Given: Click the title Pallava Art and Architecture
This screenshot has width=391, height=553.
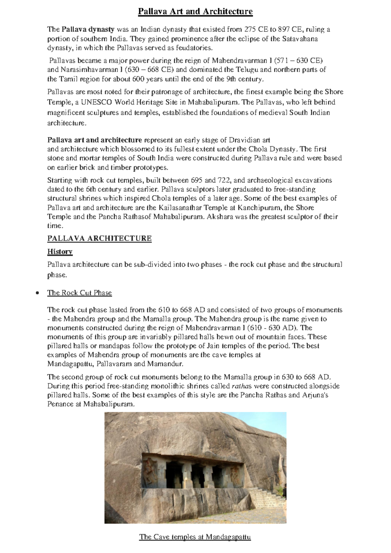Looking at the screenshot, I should pyautogui.click(x=195, y=12).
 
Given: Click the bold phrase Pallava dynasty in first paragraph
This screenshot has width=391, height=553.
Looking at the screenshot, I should pyautogui.click(x=88, y=29).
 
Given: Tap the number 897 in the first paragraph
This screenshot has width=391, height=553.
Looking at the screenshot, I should pyautogui.click(x=282, y=29).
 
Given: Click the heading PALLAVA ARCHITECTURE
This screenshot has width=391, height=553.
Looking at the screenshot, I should pyautogui.click(x=99, y=238).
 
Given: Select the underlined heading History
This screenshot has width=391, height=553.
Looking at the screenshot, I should pyautogui.click(x=60, y=251).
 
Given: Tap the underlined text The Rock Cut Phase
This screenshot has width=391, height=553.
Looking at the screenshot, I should pyautogui.click(x=80, y=293).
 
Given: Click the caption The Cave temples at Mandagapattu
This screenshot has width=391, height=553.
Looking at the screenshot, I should pyautogui.click(x=195, y=537).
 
